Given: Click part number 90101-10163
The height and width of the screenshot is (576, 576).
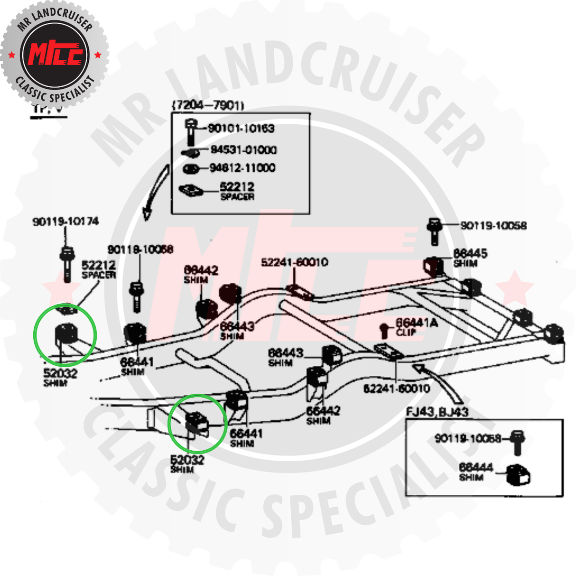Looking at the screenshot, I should (x=241, y=129).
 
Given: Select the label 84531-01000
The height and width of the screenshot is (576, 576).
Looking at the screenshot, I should (x=243, y=150).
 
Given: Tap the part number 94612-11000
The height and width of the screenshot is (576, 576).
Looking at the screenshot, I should (x=242, y=168).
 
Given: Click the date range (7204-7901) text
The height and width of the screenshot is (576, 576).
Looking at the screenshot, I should (x=207, y=105).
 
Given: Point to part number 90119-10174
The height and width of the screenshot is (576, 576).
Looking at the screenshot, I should (x=65, y=222).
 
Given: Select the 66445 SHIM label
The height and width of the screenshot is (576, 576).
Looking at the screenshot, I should (x=470, y=257).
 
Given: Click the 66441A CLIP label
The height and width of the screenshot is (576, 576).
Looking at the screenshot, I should (x=417, y=327).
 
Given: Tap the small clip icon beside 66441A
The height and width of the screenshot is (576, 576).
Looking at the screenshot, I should (x=385, y=330).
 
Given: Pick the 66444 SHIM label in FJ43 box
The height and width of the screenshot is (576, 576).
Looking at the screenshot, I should (x=476, y=472).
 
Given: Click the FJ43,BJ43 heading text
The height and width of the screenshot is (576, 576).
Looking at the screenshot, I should (x=437, y=412).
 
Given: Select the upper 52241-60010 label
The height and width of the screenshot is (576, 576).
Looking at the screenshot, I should (x=294, y=262).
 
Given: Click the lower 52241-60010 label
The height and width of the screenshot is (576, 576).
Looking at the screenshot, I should (x=397, y=389).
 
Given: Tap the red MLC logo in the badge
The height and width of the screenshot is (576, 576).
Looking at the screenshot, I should (x=55, y=54).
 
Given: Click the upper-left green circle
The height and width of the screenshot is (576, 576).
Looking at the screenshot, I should (x=65, y=335).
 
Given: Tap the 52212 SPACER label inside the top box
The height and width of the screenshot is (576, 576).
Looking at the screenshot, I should (x=237, y=191).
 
